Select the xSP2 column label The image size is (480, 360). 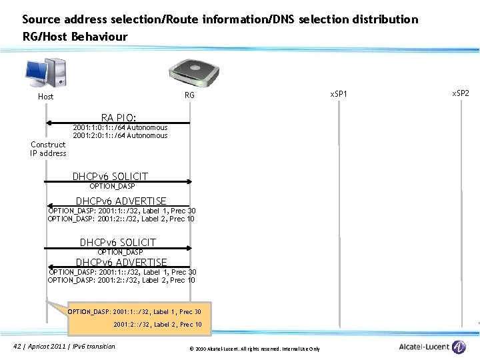(461, 93)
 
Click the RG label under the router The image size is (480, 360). (189, 96)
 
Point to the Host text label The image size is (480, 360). (46, 97)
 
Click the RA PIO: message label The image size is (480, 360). (119, 117)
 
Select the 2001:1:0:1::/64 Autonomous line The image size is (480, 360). (120, 127)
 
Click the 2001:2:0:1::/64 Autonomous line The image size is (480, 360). (120, 135)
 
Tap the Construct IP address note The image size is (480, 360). (48, 149)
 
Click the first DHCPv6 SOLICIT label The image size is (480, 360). (110, 176)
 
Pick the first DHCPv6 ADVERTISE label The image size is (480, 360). (121, 201)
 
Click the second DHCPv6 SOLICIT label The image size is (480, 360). (118, 242)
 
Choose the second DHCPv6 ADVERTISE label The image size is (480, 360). (121, 262)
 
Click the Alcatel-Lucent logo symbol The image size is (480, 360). (459, 347)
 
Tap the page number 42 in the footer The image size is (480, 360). (17, 346)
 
